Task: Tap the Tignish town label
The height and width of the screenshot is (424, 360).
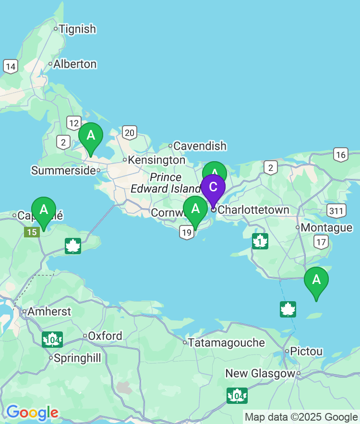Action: [77, 29]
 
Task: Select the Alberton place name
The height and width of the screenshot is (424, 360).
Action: [75, 64]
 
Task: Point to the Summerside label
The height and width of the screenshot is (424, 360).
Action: [63, 170]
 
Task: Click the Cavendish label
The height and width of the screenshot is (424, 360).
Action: [200, 146]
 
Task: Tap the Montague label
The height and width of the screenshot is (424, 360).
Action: [326, 227]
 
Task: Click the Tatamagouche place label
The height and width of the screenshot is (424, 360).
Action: [226, 342]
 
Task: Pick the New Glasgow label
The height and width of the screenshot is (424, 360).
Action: [260, 373]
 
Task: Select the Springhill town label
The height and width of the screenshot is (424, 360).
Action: [77, 358]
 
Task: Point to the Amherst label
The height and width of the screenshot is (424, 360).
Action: [49, 311]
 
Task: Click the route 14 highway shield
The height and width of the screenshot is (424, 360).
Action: [11, 66]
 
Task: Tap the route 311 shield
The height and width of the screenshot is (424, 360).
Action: [336, 210]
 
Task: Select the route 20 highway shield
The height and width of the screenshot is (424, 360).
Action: [130, 132]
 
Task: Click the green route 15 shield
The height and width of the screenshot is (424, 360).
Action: [32, 232]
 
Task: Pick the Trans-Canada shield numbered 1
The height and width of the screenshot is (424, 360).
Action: [260, 241]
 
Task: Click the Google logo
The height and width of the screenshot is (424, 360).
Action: [32, 412]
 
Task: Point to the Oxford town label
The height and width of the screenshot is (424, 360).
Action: [105, 336]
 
